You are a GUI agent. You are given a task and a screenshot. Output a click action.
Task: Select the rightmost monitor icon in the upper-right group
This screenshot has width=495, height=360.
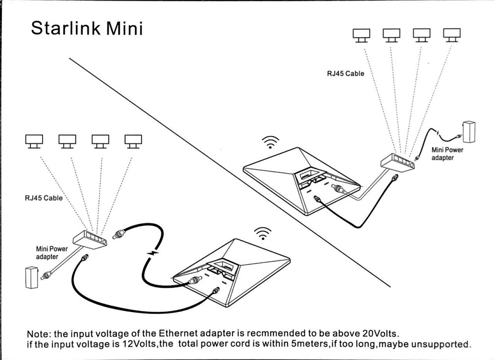click(x=450, y=34)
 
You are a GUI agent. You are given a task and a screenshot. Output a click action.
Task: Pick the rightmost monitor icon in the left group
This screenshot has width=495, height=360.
click(x=133, y=141)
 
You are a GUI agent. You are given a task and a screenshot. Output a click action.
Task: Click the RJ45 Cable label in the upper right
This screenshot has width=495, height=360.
click(x=345, y=73)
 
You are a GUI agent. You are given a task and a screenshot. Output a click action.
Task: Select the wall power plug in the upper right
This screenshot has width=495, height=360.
click(x=468, y=132)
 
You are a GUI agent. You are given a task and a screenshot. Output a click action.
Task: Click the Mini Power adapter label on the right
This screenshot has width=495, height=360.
click(x=447, y=153)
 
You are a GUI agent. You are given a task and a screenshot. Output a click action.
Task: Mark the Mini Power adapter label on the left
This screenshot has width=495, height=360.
click(x=51, y=253)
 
